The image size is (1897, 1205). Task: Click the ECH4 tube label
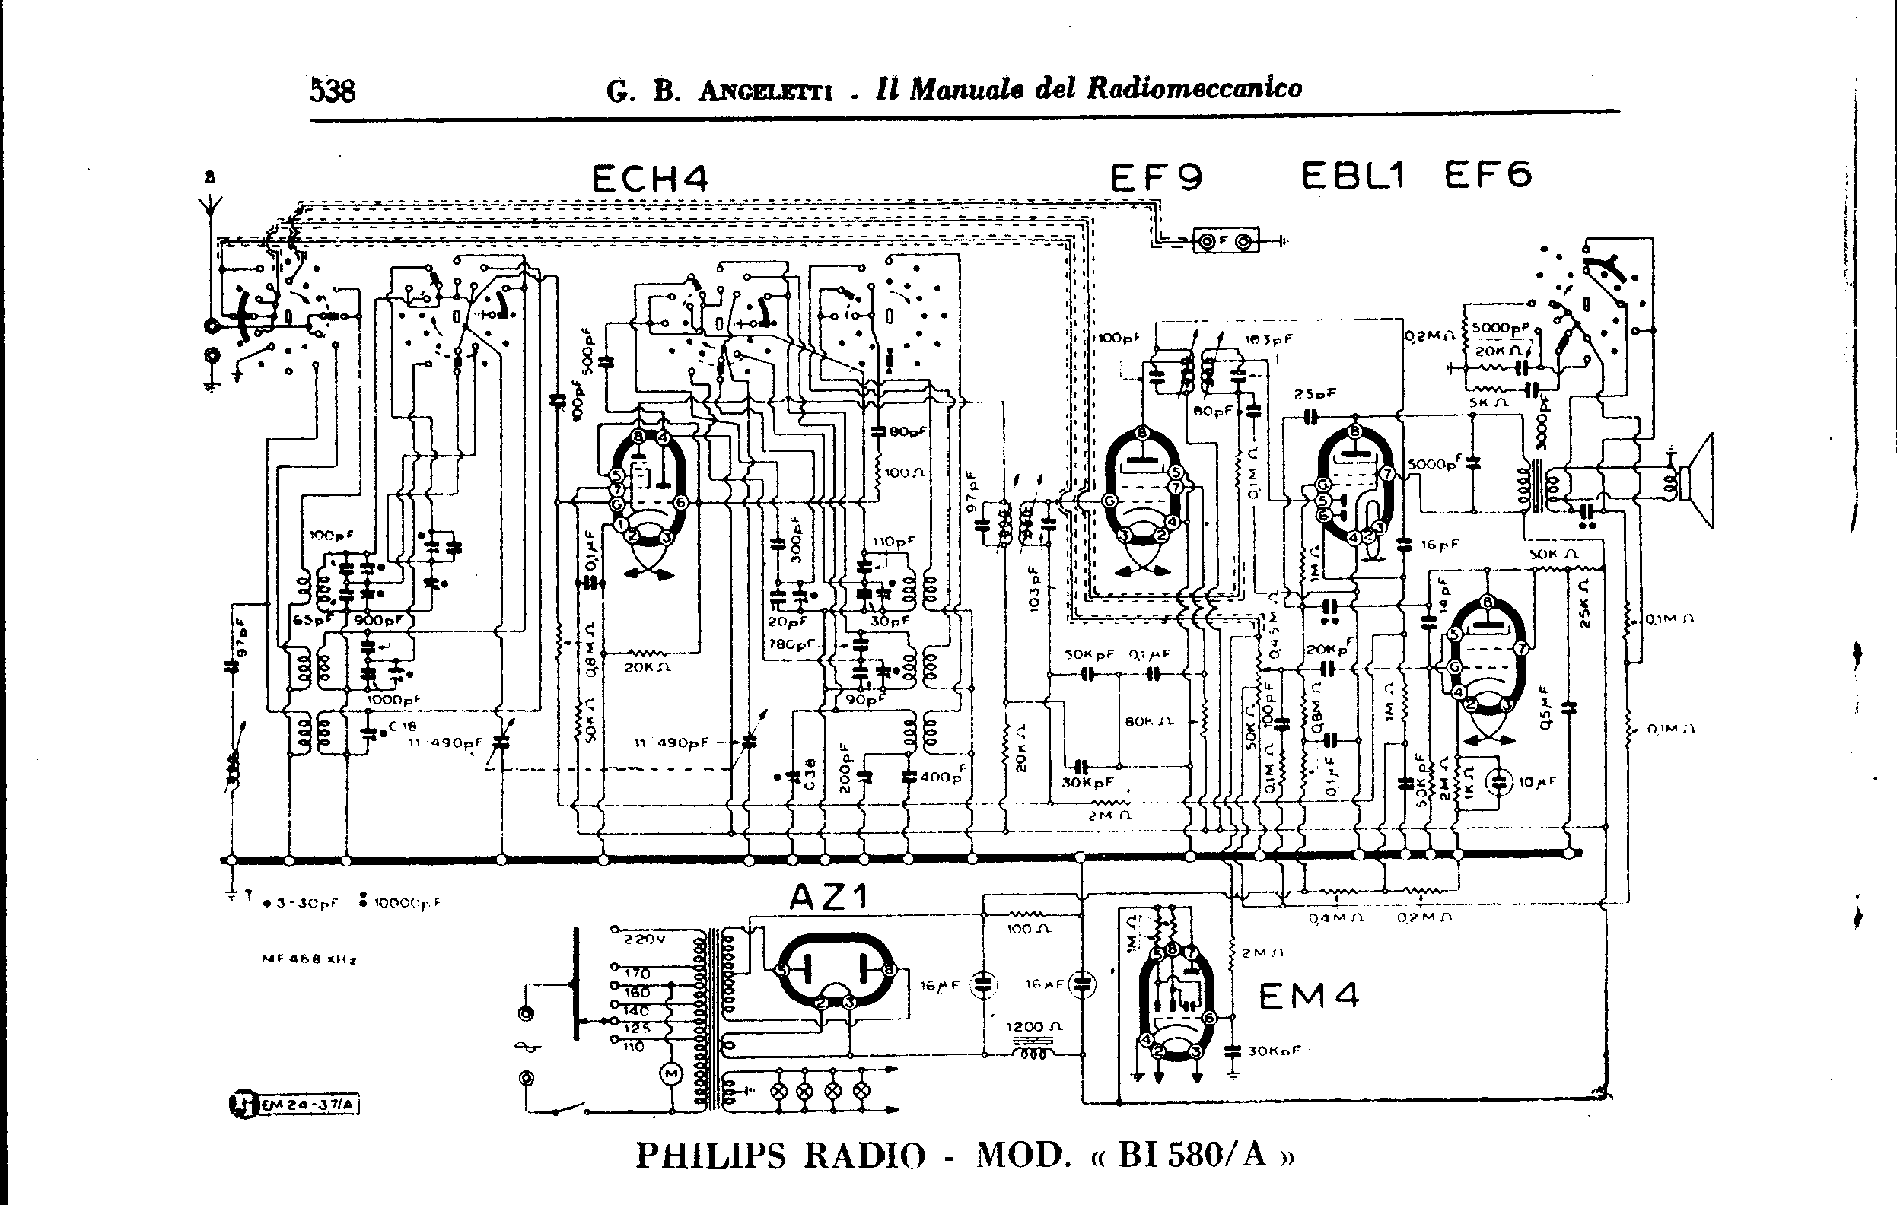pos(649,179)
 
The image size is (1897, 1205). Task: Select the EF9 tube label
pos(1156,177)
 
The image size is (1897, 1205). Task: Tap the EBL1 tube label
pos(1353,175)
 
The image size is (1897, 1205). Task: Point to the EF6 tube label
pos(1488,174)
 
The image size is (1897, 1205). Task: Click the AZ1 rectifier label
pos(828,896)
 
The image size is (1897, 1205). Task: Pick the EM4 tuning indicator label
pos(1309,997)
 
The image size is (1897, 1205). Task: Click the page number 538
pos(332,91)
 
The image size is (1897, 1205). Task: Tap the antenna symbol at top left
pos(210,206)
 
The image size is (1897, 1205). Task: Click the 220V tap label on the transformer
pos(645,939)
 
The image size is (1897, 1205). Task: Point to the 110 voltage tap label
pos(633,1047)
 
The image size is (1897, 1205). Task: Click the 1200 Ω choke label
pos(1034,1027)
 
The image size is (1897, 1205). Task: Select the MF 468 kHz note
pos(308,960)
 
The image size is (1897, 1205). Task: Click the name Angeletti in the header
pos(764,92)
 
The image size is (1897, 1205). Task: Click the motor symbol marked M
pos(671,1073)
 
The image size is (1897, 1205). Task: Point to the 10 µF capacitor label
pos(1537,782)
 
